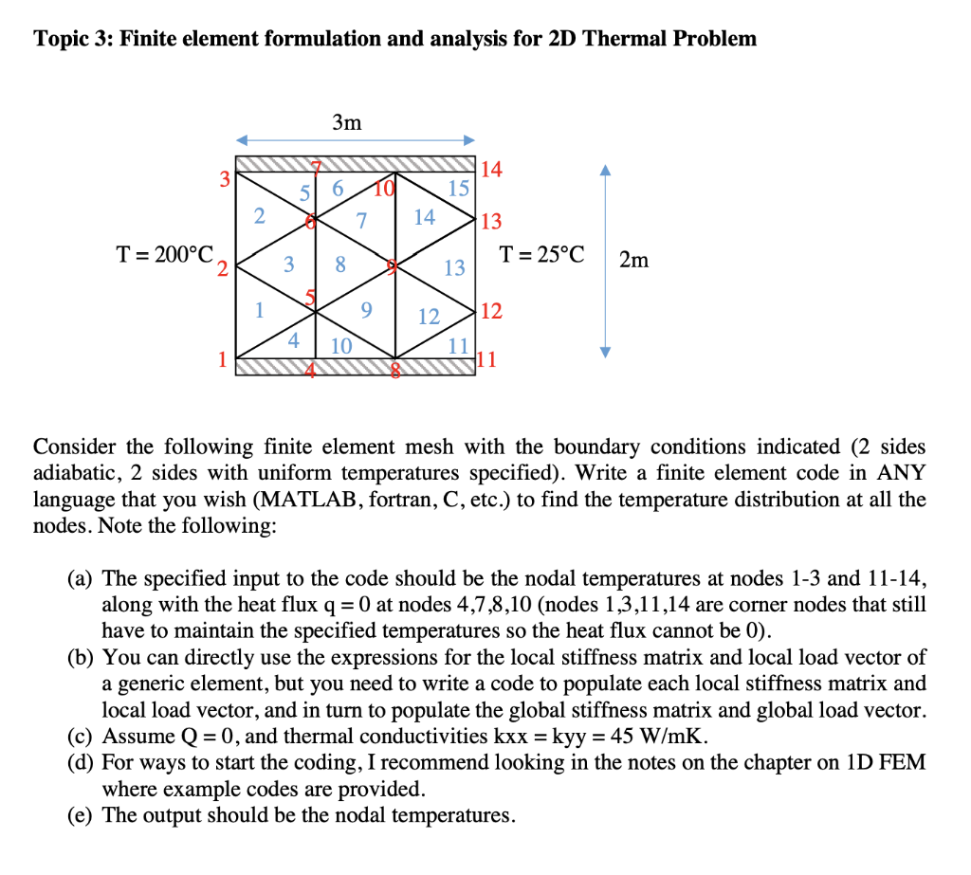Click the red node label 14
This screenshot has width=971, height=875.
tap(491, 171)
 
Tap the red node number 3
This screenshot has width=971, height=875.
tap(225, 178)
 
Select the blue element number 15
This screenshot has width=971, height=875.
tap(458, 188)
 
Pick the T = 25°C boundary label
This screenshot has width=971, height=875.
tap(542, 255)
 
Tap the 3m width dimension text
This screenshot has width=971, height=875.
tap(347, 121)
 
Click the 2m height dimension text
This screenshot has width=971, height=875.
tap(633, 259)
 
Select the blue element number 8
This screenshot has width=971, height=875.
tap(340, 264)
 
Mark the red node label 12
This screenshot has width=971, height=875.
tap(492, 311)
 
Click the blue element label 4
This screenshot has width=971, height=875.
tap(294, 339)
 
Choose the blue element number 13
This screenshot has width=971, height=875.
tap(455, 267)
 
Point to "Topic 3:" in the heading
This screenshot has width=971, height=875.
tap(72, 39)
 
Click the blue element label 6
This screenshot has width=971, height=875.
tap(338, 189)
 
